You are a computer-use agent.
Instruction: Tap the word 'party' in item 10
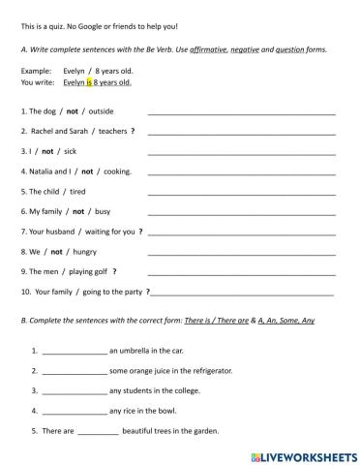(x=129, y=291)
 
